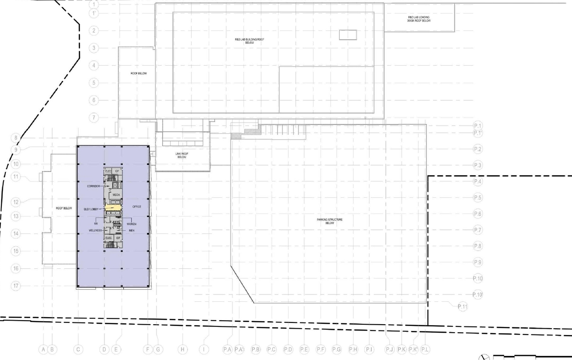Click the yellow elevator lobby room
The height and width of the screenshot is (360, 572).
point(114,209)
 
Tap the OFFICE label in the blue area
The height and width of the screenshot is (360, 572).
point(137,207)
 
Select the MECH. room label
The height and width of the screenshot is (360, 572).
point(116,195)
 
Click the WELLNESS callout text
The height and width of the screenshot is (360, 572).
point(95,231)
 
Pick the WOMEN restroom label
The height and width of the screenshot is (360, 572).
point(132,224)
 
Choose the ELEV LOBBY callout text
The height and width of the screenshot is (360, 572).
point(92,209)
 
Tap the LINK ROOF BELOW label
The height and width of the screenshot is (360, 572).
point(182,155)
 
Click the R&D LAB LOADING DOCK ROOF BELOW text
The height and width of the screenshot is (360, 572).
point(419,19)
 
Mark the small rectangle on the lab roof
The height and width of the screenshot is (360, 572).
point(347,34)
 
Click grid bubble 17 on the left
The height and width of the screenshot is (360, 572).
point(16,286)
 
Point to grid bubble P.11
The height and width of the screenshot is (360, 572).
point(463,307)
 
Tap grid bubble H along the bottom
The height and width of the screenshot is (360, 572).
point(183,349)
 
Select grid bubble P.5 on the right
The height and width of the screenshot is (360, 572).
point(478,198)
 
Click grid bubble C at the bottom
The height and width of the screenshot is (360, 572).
point(78,349)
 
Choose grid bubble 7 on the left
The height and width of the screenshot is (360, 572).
point(94,118)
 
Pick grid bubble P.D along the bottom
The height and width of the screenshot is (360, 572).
point(288,349)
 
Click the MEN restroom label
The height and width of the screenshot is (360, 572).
point(132,231)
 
